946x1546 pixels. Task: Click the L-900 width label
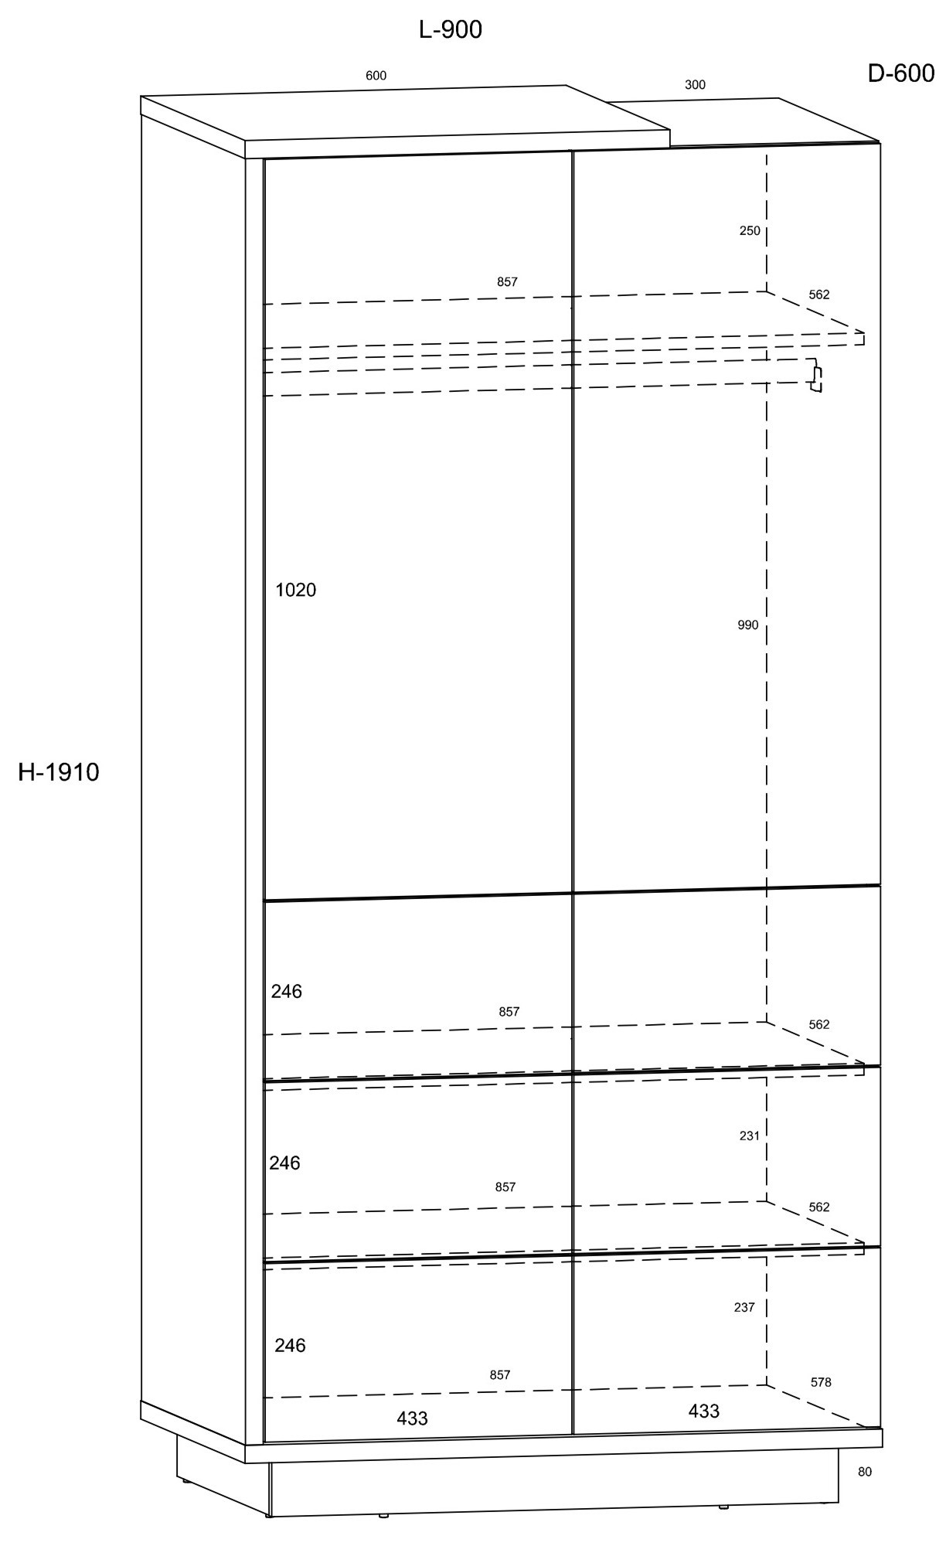[x=451, y=29]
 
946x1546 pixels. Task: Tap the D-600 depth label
[x=901, y=73]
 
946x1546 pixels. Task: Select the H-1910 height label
[x=59, y=772]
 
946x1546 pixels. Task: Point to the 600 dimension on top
[x=376, y=76]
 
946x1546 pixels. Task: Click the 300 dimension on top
[x=695, y=85]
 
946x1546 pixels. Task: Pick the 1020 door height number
[x=296, y=590]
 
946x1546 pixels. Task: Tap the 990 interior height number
[x=747, y=625]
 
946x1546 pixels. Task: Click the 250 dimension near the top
[x=750, y=230]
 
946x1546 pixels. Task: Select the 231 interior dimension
[x=749, y=1136]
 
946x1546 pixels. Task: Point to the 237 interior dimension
[x=744, y=1307]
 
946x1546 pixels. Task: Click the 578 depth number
[x=821, y=1382]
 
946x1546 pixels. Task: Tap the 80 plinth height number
[x=865, y=1472]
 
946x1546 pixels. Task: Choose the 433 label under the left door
[x=412, y=1418]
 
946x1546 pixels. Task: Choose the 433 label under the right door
[x=703, y=1411]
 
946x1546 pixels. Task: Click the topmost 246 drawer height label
[x=286, y=991]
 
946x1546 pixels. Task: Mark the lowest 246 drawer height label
[x=290, y=1345]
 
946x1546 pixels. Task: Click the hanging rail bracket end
[x=815, y=376]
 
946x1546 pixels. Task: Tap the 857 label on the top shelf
[x=507, y=282]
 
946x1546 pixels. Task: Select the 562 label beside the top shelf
[x=818, y=295]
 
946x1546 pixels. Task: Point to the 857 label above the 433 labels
[x=500, y=1374]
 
